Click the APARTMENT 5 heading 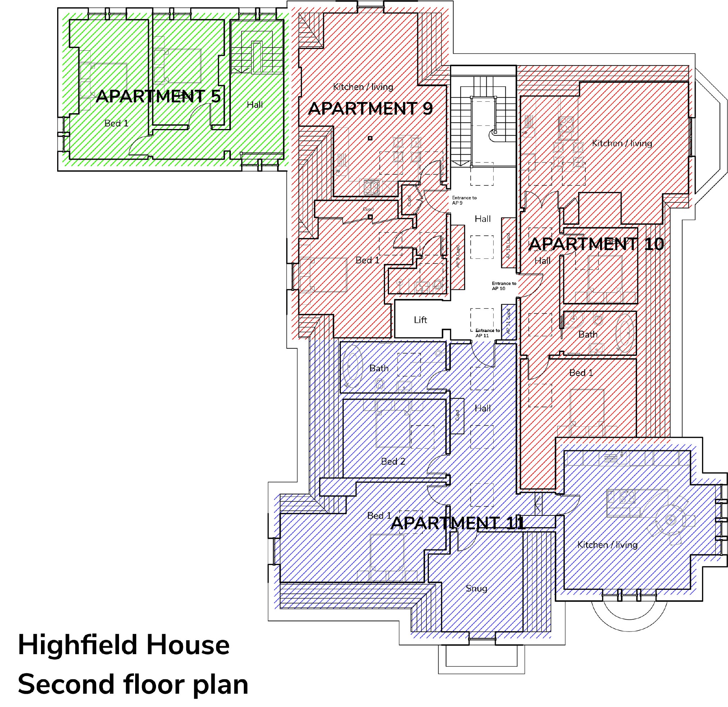point(158,96)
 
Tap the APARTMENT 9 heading point(370,109)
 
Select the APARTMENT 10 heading point(596,244)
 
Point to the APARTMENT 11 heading point(457,523)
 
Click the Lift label point(420,320)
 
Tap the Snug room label point(476,588)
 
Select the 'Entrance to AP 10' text point(504,285)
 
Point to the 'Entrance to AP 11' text point(487,333)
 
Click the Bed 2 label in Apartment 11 point(393,461)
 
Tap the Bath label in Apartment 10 point(587,334)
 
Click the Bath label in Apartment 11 point(379,368)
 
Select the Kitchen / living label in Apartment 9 point(363,87)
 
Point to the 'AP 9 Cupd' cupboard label point(458,256)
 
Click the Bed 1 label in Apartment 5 point(116,123)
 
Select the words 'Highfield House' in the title point(124,645)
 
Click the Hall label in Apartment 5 point(255,105)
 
